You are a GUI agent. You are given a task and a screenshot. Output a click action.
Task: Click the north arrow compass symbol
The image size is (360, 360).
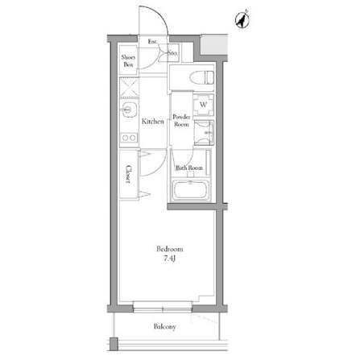coord(242,20)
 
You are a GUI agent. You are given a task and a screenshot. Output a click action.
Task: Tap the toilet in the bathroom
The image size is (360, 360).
coord(201,77)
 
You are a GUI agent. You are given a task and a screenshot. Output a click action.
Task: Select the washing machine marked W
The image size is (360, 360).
coord(204,105)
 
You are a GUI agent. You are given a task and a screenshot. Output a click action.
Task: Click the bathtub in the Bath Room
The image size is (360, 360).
coord(191,190)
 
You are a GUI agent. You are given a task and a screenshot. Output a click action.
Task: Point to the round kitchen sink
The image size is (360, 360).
coord(129,110)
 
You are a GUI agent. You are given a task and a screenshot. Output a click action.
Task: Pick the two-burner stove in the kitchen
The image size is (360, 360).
coord(129,138)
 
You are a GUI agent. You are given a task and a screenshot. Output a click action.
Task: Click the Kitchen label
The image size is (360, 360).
coord(153,122)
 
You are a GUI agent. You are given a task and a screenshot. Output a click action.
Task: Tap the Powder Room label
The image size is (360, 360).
coord(181,121)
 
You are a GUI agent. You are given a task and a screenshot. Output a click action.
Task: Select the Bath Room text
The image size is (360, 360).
coord(189,168)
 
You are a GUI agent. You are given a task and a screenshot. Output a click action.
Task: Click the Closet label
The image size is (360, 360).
coord(129,174)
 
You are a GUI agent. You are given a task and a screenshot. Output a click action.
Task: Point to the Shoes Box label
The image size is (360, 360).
coord(128,60)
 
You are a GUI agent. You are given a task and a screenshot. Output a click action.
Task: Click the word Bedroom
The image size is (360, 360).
coord(170,249)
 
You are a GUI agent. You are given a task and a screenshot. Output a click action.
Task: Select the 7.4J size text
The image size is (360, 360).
coord(170,259)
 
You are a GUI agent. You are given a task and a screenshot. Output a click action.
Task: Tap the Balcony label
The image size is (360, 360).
coord(165,327)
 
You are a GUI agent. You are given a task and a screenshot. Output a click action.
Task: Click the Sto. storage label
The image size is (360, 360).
coord(173,53)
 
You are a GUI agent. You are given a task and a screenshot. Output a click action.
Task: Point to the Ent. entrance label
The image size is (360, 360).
coord(153,42)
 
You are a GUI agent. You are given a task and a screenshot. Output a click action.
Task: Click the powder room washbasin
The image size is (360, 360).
coord(204,133)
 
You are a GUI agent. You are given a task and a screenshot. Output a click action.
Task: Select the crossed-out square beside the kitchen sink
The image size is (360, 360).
coord(130,87)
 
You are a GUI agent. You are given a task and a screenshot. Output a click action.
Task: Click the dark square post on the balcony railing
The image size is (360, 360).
coord(114,344)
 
